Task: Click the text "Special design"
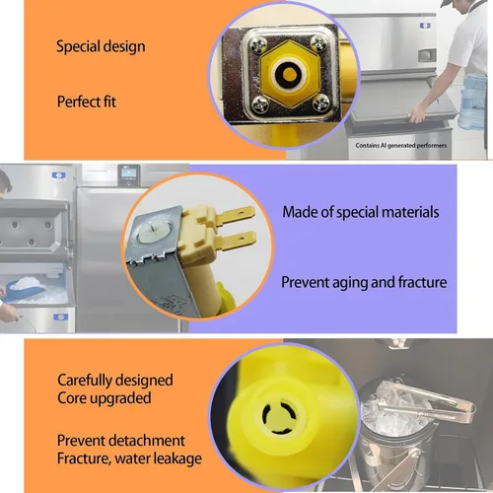click(x=101, y=46)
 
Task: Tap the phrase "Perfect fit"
click(x=87, y=102)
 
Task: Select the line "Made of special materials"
click(x=361, y=212)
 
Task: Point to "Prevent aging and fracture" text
click(x=364, y=283)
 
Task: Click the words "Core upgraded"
click(x=105, y=398)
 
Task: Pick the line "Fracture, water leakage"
click(x=129, y=458)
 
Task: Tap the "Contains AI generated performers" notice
click(x=401, y=145)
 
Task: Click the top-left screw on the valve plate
click(x=259, y=43)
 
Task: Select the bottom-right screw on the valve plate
click(x=320, y=103)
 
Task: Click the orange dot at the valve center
click(x=289, y=74)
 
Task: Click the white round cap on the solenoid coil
click(x=153, y=231)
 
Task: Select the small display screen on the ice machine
click(x=129, y=174)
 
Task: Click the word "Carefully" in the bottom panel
click(x=85, y=381)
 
